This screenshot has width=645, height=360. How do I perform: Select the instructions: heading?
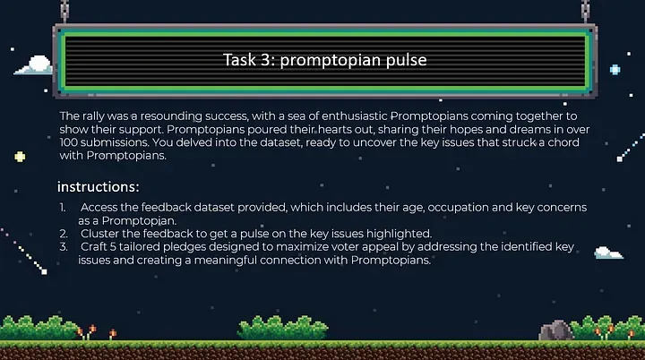99,187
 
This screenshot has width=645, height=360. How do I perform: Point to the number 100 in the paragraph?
68,142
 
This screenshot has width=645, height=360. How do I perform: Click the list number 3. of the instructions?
64,247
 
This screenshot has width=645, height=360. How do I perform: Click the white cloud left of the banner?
34,65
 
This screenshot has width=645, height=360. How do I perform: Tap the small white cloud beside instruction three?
608,253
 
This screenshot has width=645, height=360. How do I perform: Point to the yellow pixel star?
20,157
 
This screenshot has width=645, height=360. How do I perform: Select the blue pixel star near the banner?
615,70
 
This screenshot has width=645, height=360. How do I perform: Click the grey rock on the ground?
555,330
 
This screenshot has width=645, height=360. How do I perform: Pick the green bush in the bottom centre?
282,329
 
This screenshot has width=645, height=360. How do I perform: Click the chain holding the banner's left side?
64,11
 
